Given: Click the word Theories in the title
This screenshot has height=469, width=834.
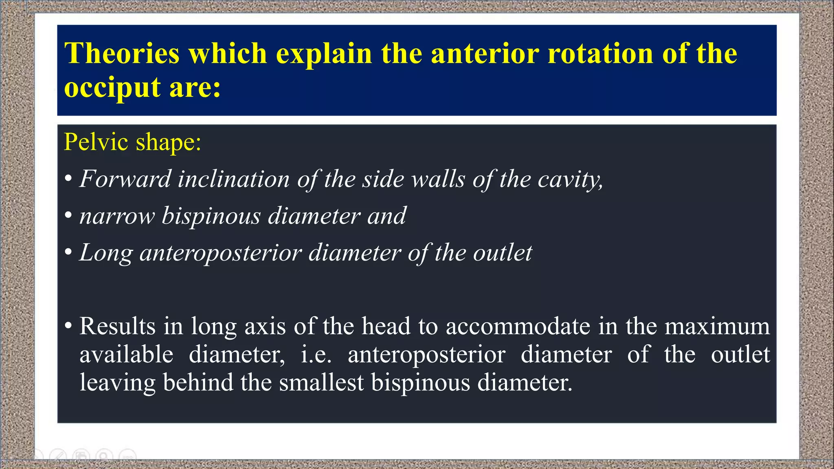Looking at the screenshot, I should (x=122, y=53).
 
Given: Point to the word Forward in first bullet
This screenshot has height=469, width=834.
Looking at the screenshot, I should (x=125, y=179).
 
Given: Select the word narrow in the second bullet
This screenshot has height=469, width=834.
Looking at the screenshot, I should (x=117, y=216).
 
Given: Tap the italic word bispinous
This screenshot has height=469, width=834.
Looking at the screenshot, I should (x=211, y=216).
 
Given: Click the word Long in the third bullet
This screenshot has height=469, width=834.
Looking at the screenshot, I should (x=106, y=253).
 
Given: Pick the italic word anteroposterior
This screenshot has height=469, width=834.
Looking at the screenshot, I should (x=220, y=253).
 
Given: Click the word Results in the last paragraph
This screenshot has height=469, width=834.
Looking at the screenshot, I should (x=117, y=326).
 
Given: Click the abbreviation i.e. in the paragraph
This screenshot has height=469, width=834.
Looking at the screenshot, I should (x=316, y=354).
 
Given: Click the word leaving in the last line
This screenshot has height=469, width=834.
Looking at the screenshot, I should (x=117, y=383).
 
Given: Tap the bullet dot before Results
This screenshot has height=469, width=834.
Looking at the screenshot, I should (x=68, y=326).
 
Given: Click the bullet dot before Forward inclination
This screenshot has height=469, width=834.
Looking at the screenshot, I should (x=68, y=179).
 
